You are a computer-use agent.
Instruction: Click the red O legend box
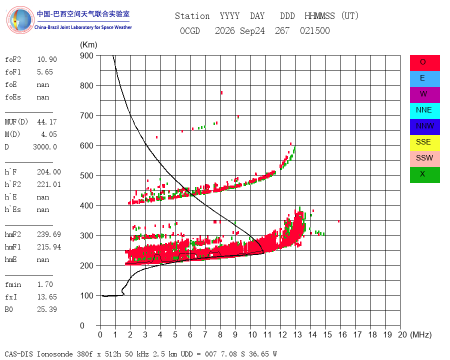click(424, 63)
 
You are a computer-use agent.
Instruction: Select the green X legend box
click(424, 175)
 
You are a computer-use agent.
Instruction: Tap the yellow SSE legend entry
click(424, 143)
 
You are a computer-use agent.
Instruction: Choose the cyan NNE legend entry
click(424, 111)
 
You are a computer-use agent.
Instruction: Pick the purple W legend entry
click(424, 94)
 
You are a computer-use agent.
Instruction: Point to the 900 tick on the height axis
click(86, 55)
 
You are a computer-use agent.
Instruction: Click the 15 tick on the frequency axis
click(327, 334)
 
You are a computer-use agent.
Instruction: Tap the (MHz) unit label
click(421, 334)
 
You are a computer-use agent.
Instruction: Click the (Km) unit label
click(88, 45)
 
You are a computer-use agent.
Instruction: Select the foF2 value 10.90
click(47, 59)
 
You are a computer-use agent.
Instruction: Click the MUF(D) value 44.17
click(47, 122)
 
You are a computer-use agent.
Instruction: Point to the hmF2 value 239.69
click(49, 234)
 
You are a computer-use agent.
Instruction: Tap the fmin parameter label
click(13, 284)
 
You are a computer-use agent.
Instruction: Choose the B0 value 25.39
click(47, 309)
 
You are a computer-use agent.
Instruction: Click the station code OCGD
click(190, 31)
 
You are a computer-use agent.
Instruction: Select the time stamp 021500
click(315, 31)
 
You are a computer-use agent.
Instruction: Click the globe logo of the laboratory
click(20, 20)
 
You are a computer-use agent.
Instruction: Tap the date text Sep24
click(252, 31)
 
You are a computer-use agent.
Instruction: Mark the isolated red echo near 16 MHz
click(339, 221)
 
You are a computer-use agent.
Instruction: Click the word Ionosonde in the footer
click(55, 354)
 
